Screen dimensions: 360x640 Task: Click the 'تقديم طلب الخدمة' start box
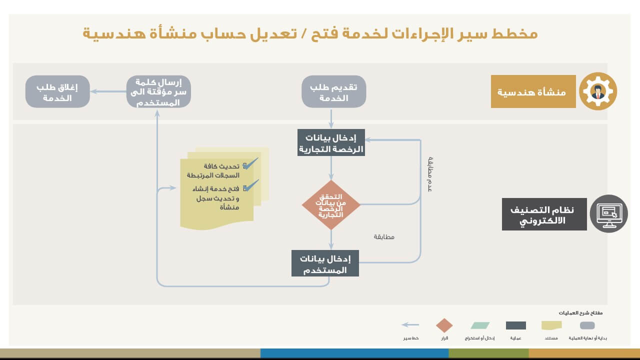333,91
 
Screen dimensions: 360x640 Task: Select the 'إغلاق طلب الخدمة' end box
57,91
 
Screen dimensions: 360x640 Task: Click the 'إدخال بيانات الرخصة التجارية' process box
331,143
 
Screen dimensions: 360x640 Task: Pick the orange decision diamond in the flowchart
331,205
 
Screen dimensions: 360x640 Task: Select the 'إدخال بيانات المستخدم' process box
325,263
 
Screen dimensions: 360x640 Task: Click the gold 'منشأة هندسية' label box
533,91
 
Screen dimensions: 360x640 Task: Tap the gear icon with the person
597,91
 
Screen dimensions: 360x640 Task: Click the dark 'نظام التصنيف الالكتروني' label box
544,214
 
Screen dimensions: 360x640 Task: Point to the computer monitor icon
608,213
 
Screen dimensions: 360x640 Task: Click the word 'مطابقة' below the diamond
384,237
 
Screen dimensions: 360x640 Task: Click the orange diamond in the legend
444,325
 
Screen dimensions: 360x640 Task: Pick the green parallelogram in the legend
480,325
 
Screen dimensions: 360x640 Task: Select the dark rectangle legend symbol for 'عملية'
515,325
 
